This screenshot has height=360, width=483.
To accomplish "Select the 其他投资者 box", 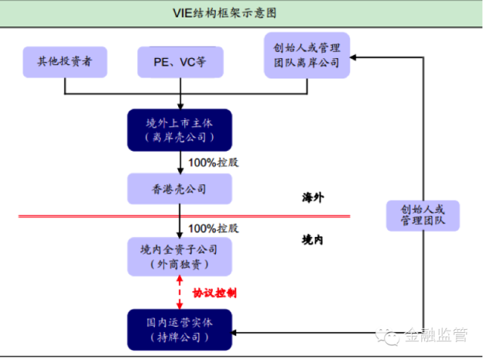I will pos(64,62).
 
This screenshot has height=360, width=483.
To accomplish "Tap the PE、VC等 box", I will pos(181,62).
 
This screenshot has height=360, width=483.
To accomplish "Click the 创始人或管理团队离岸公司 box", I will pos(307,55).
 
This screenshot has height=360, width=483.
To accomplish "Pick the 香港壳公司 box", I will pos(180,189).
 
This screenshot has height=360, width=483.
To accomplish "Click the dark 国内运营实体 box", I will pos(180,329).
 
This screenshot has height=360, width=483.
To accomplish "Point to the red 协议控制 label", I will pos(214,292).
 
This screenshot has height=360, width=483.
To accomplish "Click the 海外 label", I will pos(312,198).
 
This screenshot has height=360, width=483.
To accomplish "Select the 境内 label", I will pos(312,239).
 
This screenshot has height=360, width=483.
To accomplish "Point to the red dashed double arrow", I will pos(180,292).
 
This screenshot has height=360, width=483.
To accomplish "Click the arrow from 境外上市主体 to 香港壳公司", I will pos(180,162).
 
